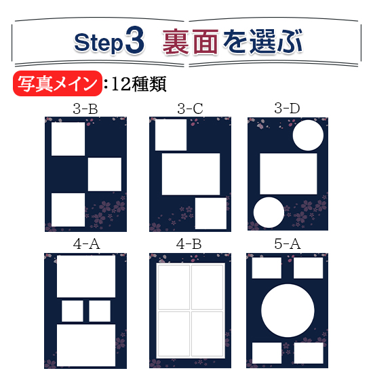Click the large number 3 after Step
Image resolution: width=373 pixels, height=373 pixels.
pyautogui.click(x=135, y=40)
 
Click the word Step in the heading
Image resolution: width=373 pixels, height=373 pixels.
pyautogui.click(x=99, y=42)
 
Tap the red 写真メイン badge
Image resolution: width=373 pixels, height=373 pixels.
pyautogui.click(x=58, y=83)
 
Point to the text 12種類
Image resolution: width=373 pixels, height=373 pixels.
pyautogui.click(x=138, y=83)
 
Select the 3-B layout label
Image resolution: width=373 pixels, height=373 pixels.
pyautogui.click(x=85, y=109)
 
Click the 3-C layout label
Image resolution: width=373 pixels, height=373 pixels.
pyautogui.click(x=190, y=109)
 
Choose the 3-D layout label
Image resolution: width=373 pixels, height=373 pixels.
pyautogui.click(x=287, y=109)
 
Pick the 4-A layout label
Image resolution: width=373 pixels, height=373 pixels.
pyautogui.click(x=86, y=244)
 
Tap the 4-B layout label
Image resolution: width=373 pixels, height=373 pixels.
pyautogui.click(x=189, y=244)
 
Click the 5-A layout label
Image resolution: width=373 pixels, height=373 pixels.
pyautogui.click(x=288, y=244)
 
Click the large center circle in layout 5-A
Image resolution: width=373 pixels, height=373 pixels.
pyautogui.click(x=288, y=311)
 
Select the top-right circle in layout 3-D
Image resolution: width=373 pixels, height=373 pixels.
pyautogui.click(x=308, y=135)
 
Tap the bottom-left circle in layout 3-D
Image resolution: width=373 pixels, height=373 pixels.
pyautogui.click(x=269, y=212)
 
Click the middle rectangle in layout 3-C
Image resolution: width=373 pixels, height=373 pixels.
pyautogui.click(x=191, y=174)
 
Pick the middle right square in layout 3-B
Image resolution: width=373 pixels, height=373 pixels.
pyautogui.click(x=104, y=174)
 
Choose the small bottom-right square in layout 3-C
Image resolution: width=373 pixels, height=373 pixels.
pyautogui.click(x=211, y=214)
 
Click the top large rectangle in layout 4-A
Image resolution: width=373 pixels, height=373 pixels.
pyautogui.click(x=86, y=277)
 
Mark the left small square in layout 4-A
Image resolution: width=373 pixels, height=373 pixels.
pyautogui.click(x=73, y=311)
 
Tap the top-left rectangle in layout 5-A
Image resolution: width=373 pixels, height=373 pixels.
pyautogui.click(x=267, y=268)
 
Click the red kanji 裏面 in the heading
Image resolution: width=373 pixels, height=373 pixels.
pyautogui.click(x=191, y=41)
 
